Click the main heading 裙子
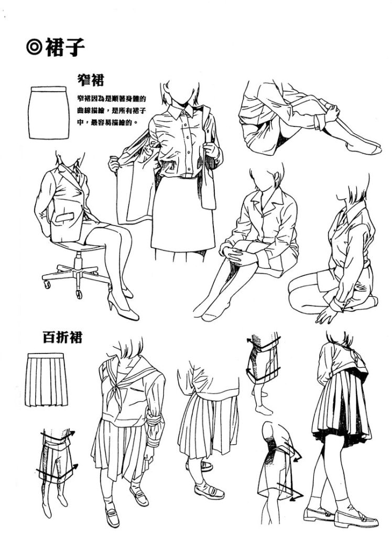[64, 48]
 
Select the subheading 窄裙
[90, 80]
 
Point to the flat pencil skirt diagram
[49, 113]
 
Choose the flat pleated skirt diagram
[46, 380]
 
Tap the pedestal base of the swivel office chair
[77, 274]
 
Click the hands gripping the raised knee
[331, 111]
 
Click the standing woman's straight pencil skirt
[182, 214]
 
